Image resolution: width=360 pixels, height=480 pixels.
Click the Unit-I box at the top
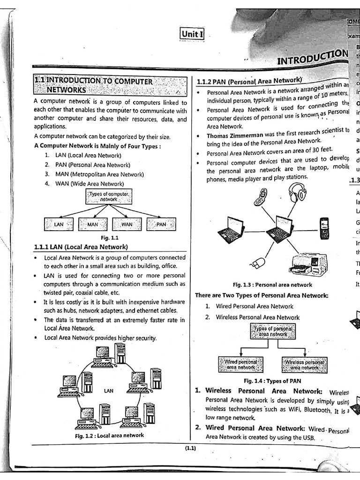coord(192,34)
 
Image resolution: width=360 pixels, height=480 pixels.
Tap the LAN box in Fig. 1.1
coord(59,225)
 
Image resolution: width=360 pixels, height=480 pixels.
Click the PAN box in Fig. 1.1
coord(161,225)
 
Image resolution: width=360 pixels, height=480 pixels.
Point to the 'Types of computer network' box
coord(109,196)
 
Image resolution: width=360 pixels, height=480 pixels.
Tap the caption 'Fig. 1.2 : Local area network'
coord(109,435)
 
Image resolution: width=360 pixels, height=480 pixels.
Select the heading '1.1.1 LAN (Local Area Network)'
coord(81,247)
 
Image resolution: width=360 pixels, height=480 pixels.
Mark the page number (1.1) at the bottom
coord(190,449)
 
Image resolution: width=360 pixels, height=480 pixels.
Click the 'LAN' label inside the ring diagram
coord(108,390)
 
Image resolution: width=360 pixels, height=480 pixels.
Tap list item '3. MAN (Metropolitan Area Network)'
coord(94,174)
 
